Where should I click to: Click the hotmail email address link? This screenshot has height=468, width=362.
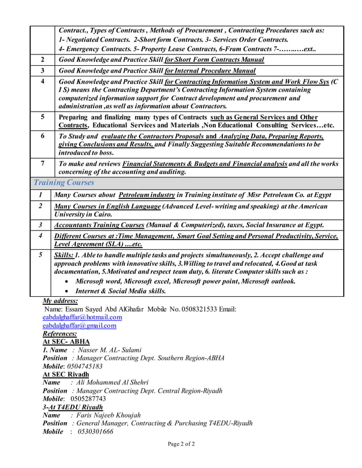pyautogui.click(x=82, y=317)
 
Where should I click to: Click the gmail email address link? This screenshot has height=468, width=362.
pyautogui.click(x=79, y=326)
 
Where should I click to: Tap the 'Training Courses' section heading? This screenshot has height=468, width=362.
pyautogui.click(x=64, y=183)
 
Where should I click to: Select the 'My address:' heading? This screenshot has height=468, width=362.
pyautogui.click(x=61, y=301)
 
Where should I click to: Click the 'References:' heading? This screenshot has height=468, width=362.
pyautogui.click(x=60, y=334)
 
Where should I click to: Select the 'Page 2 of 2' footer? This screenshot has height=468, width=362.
pyautogui.click(x=181, y=444)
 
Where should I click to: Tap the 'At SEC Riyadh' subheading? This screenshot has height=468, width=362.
pyautogui.click(x=66, y=375)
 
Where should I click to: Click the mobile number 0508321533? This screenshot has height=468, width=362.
pyautogui.click(x=197, y=309)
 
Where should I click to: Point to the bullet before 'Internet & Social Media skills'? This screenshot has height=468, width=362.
pyautogui.click(x=68, y=291)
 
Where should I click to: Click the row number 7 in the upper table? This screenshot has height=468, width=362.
pyautogui.click(x=43, y=164)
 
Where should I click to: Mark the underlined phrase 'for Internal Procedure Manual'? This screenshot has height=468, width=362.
pyautogui.click(x=210, y=71)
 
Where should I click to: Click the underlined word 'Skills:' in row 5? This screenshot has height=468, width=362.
pyautogui.click(x=63, y=256)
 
